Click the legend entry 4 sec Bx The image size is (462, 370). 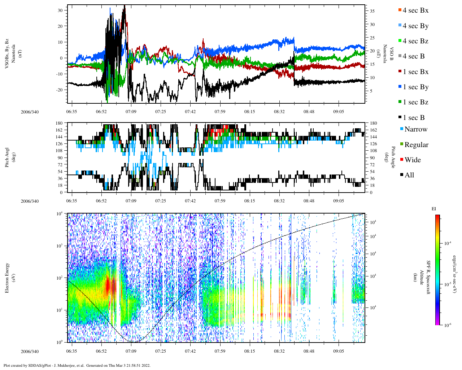coord(415,10)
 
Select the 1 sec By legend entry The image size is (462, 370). coord(415,87)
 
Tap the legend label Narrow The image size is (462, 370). coord(416,129)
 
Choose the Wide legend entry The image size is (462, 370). coord(413,160)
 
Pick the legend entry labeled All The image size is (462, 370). coord(409,175)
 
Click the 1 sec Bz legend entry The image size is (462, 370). coord(415,102)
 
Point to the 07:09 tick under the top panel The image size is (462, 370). coord(131,112)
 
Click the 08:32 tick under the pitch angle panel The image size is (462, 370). coord(279,201)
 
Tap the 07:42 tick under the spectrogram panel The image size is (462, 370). coord(190,351)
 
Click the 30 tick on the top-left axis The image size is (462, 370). coord(60,10)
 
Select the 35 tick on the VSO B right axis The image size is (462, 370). coord(372,11)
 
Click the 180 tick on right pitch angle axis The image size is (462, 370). coord(373,123)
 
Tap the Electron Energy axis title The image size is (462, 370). coord(7,277)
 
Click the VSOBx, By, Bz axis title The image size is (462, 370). coord(7,53)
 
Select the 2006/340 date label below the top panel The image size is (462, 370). coord(30,112)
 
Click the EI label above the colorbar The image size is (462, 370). coord(434,209)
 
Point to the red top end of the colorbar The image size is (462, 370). coord(437,216)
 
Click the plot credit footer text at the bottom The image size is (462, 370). coord(77,365)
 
